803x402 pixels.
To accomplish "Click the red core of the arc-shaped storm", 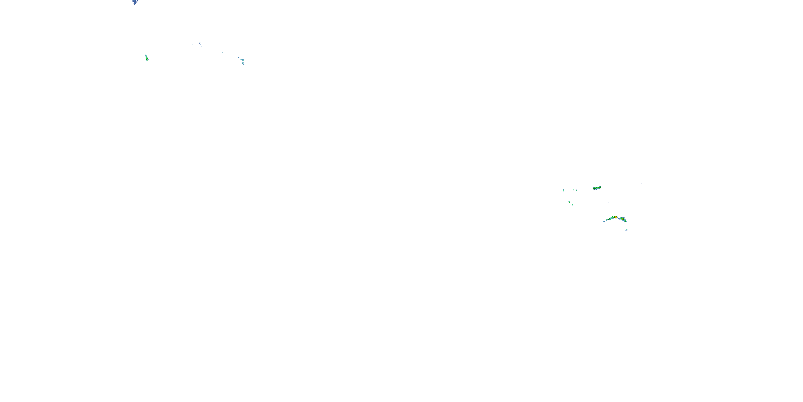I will (616, 217).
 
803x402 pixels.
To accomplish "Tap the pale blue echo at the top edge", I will (135, 2).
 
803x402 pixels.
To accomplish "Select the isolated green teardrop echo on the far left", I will (146, 57).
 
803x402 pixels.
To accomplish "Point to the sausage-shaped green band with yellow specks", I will (596, 188).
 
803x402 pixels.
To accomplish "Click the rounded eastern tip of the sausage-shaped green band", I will (600, 187).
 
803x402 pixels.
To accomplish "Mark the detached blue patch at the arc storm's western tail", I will (604, 221).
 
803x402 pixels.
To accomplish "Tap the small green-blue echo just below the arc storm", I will (626, 230).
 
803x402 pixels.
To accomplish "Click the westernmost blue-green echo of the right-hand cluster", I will (563, 190).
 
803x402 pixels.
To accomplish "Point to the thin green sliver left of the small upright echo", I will (574, 190).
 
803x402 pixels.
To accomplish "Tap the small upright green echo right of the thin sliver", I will (577, 190).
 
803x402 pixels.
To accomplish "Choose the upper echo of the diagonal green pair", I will (569, 202).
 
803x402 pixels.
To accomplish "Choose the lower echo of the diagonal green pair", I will (573, 205).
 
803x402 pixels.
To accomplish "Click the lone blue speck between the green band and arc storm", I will (608, 203).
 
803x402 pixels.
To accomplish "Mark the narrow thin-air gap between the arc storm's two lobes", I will (619, 218).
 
